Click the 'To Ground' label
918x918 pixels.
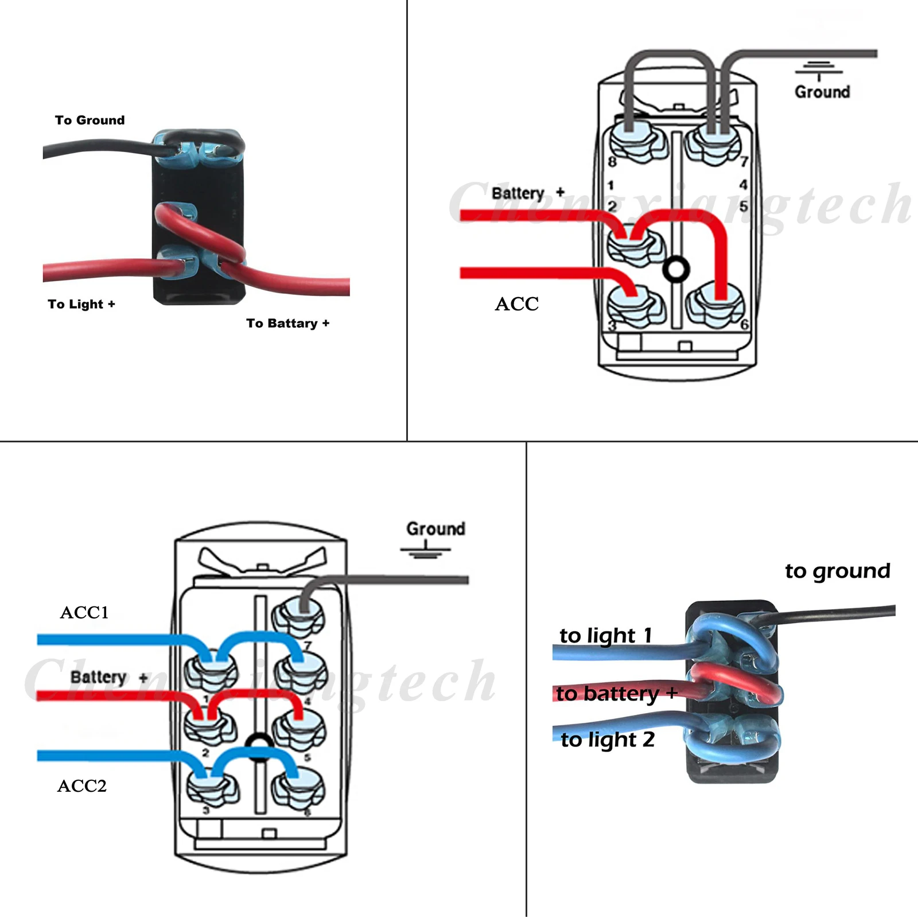pyautogui.click(x=90, y=120)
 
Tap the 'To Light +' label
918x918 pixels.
pyautogui.click(x=81, y=304)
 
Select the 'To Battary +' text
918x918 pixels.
pyautogui.click(x=288, y=323)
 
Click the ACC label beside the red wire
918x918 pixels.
pyautogui.click(x=517, y=304)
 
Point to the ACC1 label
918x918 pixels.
pyautogui.click(x=84, y=612)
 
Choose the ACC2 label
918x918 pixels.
pyautogui.click(x=82, y=785)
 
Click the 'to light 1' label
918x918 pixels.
pyautogui.click(x=606, y=636)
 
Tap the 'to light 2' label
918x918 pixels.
pyautogui.click(x=608, y=740)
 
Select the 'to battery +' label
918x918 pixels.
pyautogui.click(x=617, y=694)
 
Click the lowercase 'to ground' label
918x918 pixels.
pyautogui.click(x=838, y=571)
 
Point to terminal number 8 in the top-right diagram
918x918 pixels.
pyautogui.click(x=612, y=162)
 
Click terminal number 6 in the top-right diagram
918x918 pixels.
pyautogui.click(x=745, y=325)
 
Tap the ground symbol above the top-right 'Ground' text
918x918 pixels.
pyautogui.click(x=819, y=69)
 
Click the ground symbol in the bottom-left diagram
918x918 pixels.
pyautogui.click(x=425, y=550)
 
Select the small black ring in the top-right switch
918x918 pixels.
pyautogui.click(x=676, y=269)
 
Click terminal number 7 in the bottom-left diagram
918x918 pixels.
pyautogui.click(x=308, y=646)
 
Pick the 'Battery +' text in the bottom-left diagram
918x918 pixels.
pyautogui.click(x=109, y=678)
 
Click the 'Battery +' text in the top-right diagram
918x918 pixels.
pyautogui.click(x=528, y=193)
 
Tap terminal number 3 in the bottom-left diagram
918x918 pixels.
pyautogui.click(x=206, y=810)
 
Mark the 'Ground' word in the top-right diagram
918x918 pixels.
pyautogui.click(x=822, y=92)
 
